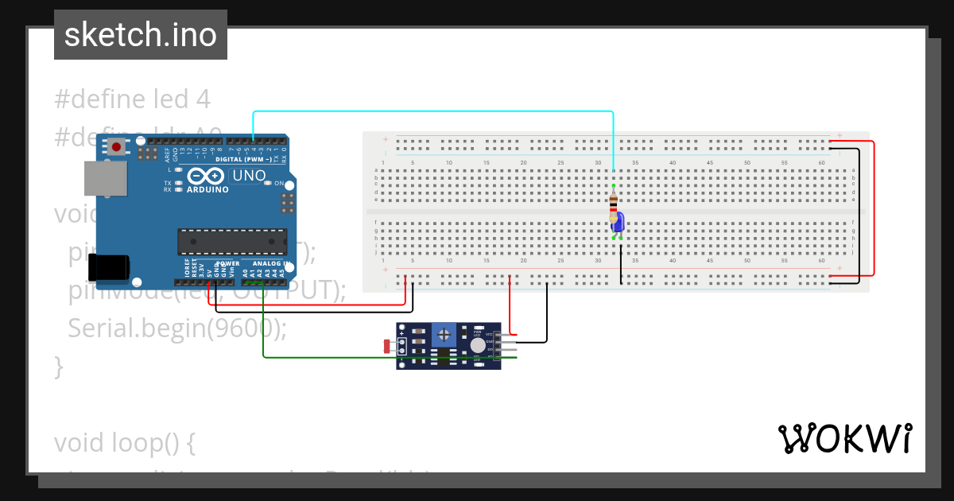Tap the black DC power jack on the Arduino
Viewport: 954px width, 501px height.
point(109,267)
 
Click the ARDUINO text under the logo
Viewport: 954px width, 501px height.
point(207,190)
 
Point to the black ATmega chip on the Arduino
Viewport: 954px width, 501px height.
point(232,241)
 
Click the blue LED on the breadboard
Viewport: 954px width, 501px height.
point(618,223)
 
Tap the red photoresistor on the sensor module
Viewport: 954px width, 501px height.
point(387,346)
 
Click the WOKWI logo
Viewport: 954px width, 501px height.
point(844,439)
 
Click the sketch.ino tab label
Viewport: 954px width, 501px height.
point(141,35)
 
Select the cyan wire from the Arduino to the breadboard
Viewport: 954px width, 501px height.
point(433,112)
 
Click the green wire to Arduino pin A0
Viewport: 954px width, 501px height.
point(382,357)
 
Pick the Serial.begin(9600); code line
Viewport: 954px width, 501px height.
point(178,328)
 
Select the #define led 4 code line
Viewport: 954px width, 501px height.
point(132,99)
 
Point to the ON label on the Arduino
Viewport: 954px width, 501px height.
point(279,184)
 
